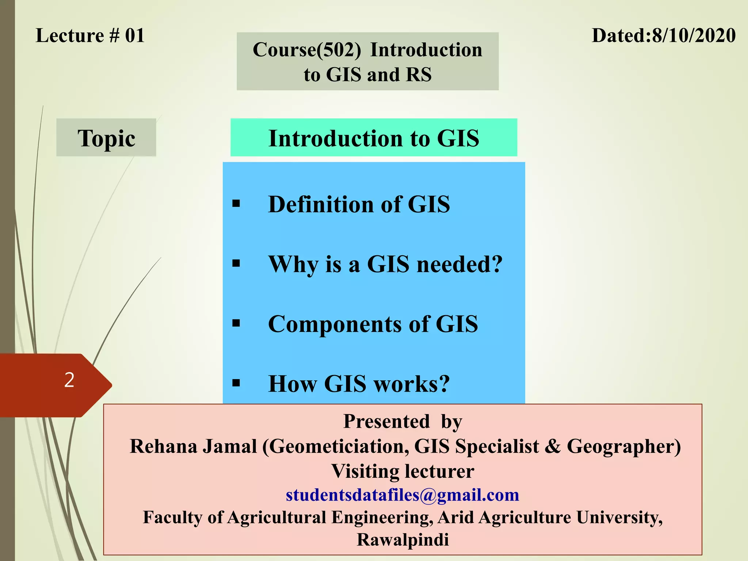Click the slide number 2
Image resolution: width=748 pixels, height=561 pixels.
pyautogui.click(x=69, y=380)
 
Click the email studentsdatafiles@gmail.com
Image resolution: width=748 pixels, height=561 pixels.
pyautogui.click(x=402, y=495)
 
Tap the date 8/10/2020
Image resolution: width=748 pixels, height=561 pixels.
pyautogui.click(x=694, y=36)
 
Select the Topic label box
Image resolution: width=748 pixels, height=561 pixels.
pyautogui.click(x=106, y=138)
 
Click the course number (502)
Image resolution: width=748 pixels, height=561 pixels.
pyautogui.click(x=339, y=50)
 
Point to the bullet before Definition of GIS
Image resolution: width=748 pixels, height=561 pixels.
pyautogui.click(x=236, y=203)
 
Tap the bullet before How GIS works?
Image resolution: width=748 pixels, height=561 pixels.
pyautogui.click(x=236, y=383)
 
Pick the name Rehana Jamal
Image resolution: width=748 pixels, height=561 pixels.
pyautogui.click(x=193, y=447)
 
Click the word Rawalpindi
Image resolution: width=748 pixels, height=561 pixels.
pyautogui.click(x=402, y=540)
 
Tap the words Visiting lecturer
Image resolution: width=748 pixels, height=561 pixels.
pyautogui.click(x=402, y=471)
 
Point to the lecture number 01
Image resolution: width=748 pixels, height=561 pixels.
pyautogui.click(x=135, y=36)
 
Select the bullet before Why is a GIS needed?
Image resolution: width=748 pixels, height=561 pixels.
pyautogui.click(x=236, y=263)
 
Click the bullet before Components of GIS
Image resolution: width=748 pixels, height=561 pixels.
pyautogui.click(x=236, y=323)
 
